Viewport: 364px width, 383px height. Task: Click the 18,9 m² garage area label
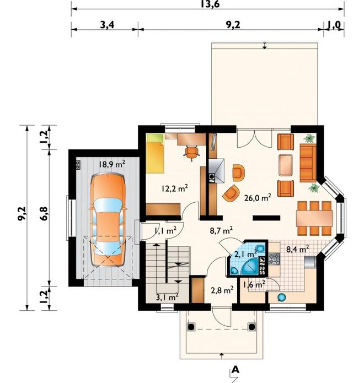pyautogui.click(x=112, y=164)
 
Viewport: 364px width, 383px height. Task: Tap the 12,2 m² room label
pyautogui.click(x=174, y=188)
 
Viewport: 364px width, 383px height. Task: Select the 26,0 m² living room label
pyautogui.click(x=258, y=197)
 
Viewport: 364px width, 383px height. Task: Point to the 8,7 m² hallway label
pyautogui.click(x=221, y=230)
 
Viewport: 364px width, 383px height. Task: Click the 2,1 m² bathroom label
pyautogui.click(x=245, y=254)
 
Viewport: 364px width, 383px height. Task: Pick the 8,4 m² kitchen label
pyautogui.click(x=297, y=249)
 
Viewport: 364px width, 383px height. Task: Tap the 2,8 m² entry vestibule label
pyautogui.click(x=222, y=290)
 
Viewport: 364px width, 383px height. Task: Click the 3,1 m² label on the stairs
pyautogui.click(x=167, y=297)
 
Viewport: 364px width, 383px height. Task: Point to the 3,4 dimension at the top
pyautogui.click(x=107, y=25)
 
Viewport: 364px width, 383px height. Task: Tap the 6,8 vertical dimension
pyautogui.click(x=44, y=214)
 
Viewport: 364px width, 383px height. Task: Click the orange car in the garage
pyautogui.click(x=108, y=220)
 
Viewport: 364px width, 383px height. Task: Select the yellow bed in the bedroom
pyautogui.click(x=155, y=153)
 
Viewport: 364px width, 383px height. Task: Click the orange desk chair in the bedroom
pyautogui.click(x=191, y=153)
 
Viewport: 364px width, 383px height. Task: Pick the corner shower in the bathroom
pyautogui.click(x=250, y=267)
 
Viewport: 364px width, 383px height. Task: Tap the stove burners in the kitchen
pyautogui.click(x=274, y=259)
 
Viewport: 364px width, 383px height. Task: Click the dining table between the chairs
pyautogui.click(x=314, y=218)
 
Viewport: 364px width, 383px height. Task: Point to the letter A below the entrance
pyautogui.click(x=235, y=370)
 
